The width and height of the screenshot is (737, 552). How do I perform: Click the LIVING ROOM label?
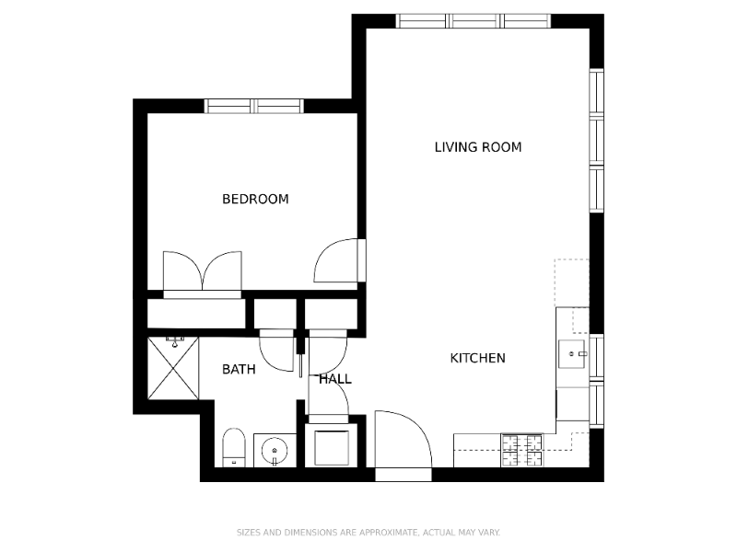click(477, 147)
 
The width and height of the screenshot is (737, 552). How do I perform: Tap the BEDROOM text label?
click(255, 199)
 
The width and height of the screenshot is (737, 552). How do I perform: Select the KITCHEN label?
click(477, 358)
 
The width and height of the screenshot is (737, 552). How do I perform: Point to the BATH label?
click(239, 370)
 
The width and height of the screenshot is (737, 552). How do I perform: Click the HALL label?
click(335, 379)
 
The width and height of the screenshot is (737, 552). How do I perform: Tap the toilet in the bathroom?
click(233, 448)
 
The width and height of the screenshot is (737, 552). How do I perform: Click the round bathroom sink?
click(275, 451)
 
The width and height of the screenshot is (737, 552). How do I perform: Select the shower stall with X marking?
click(173, 368)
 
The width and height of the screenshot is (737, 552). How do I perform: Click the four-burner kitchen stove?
click(521, 450)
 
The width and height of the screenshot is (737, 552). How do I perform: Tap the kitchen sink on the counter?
click(574, 352)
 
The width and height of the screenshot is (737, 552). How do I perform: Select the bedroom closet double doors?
click(202, 271)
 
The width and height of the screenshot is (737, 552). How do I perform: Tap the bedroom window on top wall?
click(253, 106)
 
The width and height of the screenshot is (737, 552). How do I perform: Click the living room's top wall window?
click(473, 20)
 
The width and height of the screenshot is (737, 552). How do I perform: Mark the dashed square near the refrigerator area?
click(571, 282)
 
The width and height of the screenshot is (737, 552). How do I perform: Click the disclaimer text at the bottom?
click(368, 533)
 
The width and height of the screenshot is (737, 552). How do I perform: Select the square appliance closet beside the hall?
click(331, 446)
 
